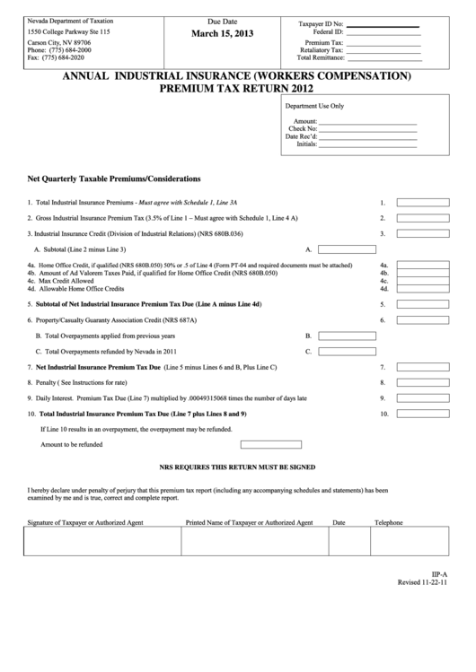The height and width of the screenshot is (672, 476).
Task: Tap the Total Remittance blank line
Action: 383,57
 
